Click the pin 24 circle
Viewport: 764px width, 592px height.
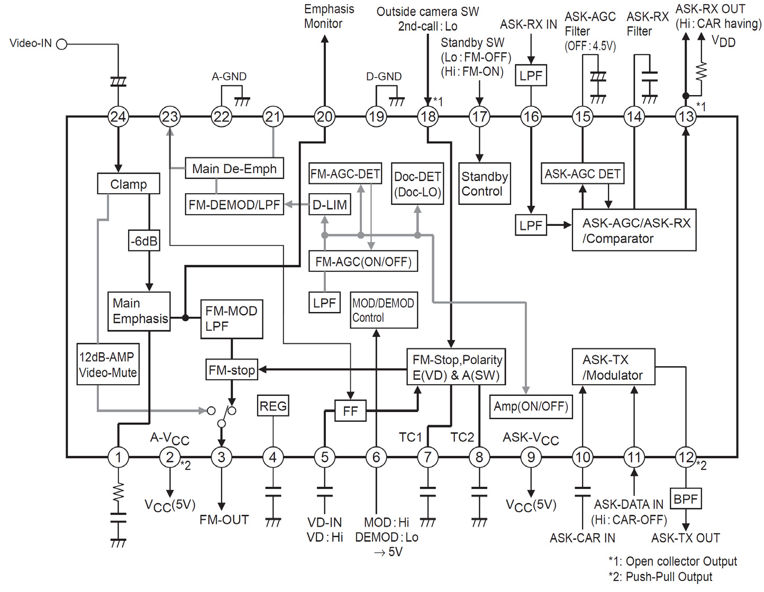pyautogui.click(x=118, y=116)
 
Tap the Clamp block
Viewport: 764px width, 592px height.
pyautogui.click(x=129, y=184)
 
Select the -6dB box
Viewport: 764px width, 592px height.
pyautogui.click(x=144, y=241)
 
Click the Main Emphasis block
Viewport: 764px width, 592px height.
pyautogui.click(x=139, y=311)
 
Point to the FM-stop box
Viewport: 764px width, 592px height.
pyautogui.click(x=232, y=370)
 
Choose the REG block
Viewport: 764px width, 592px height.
pyautogui.click(x=273, y=406)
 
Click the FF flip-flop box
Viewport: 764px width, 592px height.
pyautogui.click(x=350, y=411)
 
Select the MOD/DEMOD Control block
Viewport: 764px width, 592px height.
pyautogui.click(x=384, y=311)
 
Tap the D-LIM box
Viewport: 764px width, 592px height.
pyautogui.click(x=330, y=205)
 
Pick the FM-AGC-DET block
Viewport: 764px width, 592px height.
pyautogui.click(x=345, y=174)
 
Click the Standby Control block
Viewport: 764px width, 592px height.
pyautogui.click(x=485, y=184)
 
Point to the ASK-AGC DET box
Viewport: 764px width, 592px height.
pyautogui.click(x=583, y=174)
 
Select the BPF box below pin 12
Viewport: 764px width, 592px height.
pyautogui.click(x=686, y=498)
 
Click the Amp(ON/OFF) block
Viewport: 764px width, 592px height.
pyautogui.click(x=531, y=406)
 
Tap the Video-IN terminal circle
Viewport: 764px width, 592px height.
pyautogui.click(x=62, y=44)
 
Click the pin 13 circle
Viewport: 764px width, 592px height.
pyautogui.click(x=686, y=116)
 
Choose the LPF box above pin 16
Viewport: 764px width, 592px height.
pyautogui.click(x=531, y=76)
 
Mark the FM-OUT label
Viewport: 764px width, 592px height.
pyautogui.click(x=224, y=520)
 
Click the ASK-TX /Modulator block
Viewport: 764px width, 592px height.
pyautogui.click(x=614, y=367)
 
